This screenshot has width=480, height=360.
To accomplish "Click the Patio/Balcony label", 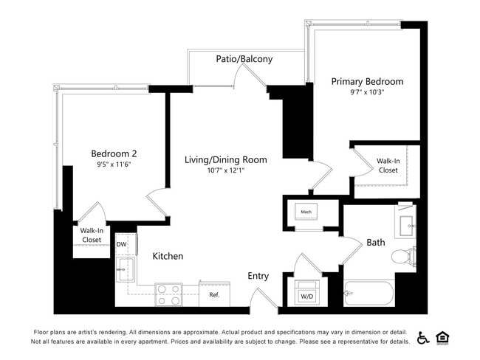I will click(x=244, y=59).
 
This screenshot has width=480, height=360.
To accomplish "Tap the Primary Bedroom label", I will click(x=367, y=81).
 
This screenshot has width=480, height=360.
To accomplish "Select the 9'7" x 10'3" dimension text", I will click(x=367, y=93).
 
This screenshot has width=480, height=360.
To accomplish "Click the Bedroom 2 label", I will click(x=114, y=153).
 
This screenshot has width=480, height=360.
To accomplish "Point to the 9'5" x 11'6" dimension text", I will click(x=114, y=165).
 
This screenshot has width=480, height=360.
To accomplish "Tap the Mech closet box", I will click(x=306, y=212).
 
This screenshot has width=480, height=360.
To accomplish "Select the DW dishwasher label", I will click(x=121, y=244).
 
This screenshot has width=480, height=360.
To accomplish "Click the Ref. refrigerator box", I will click(x=214, y=294).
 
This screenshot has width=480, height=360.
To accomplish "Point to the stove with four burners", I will click(x=168, y=294).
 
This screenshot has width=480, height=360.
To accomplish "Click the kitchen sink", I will click(x=124, y=269).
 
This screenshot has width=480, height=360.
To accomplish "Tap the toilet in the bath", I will click(x=404, y=257).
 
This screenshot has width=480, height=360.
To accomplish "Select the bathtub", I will click(x=370, y=294).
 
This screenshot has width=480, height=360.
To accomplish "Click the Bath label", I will click(x=376, y=242).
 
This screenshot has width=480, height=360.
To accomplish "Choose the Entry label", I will click(x=258, y=276).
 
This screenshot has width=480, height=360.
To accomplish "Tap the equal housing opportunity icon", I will click(x=443, y=337).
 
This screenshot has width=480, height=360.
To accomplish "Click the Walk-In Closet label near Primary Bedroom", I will click(x=388, y=165).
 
